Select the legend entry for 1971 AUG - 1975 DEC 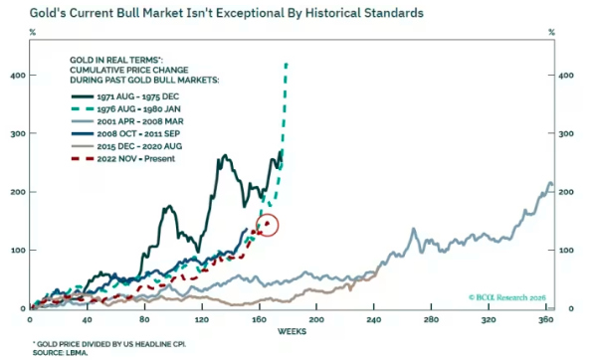coord(125,96)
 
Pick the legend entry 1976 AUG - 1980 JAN coord(125,108)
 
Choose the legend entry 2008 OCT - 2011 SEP coord(125,133)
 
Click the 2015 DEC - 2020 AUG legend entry coord(126,146)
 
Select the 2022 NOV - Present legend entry coord(123,159)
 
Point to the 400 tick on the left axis coord(18,76)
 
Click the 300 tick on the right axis coord(566,133)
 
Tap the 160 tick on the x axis coord(260,319)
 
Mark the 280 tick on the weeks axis coord(431,319)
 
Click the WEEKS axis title coord(292,332)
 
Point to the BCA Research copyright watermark coord(507,297)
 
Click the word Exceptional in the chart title coord(234,13)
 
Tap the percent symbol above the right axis coord(551,33)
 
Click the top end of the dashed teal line coord(287,64)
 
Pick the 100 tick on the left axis coord(18,250)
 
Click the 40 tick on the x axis coord(87,319)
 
